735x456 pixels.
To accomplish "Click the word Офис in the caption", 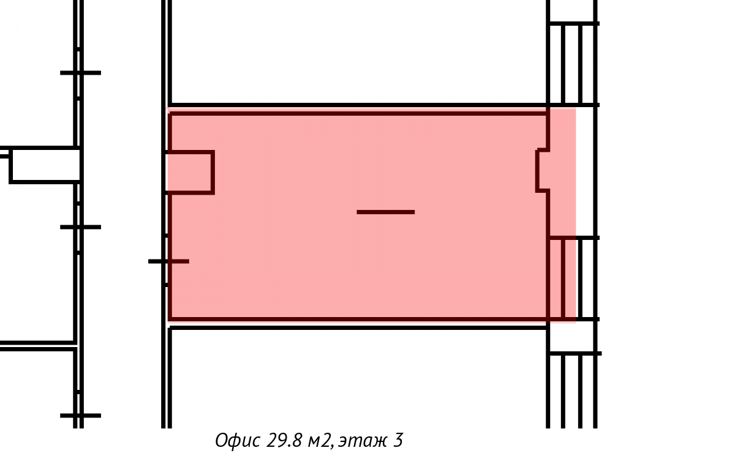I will [x=237, y=441].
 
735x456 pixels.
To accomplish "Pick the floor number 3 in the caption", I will [x=398, y=441].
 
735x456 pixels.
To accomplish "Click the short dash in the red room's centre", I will [x=386, y=212].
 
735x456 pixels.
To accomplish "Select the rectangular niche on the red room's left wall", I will [x=190, y=172].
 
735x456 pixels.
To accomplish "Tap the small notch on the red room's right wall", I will [x=543, y=170].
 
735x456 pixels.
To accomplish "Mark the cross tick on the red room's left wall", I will [x=168, y=261].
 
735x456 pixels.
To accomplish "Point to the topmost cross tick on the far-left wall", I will [x=80, y=73].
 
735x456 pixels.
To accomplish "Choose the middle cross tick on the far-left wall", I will [x=80, y=227].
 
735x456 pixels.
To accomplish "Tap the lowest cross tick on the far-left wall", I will [x=80, y=416].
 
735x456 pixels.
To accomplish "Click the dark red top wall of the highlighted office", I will [x=358, y=113].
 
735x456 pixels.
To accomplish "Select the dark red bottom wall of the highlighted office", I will [x=358, y=319].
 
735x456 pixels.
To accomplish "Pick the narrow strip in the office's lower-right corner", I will [x=556, y=278].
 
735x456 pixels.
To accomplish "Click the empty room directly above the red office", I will [x=358, y=52].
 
